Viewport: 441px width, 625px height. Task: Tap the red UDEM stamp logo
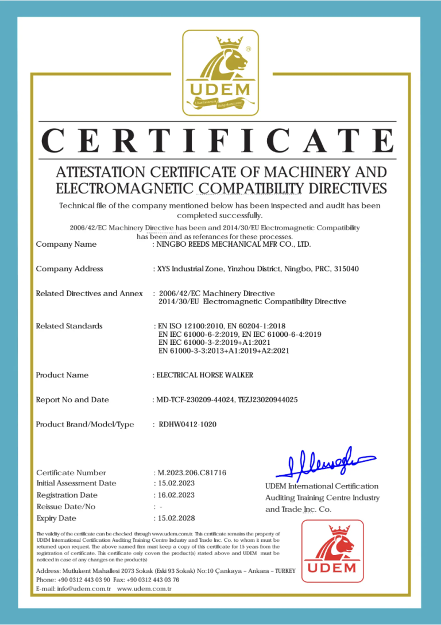click(332, 550)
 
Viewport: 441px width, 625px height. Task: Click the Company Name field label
click(66, 244)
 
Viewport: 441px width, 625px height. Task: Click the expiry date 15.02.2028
click(176, 518)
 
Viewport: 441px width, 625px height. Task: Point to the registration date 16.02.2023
click(176, 495)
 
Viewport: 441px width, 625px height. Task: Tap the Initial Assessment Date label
click(76, 483)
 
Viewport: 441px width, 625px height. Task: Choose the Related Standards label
click(69, 326)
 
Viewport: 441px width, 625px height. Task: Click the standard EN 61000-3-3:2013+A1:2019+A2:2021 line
click(223, 350)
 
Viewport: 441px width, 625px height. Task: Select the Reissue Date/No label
click(66, 507)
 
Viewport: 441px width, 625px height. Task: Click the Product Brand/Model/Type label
click(84, 425)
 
